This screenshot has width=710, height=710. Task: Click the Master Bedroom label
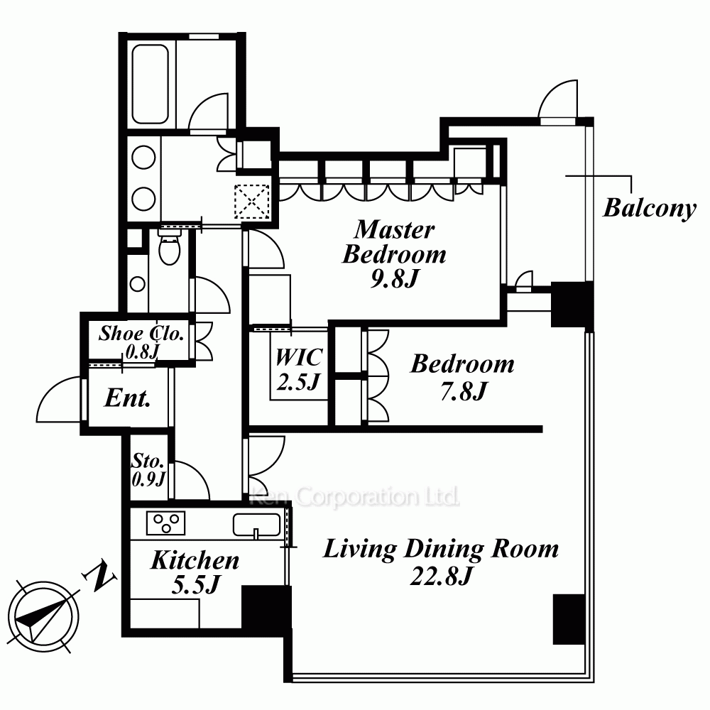coord(394,242)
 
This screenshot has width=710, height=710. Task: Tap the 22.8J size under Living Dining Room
coord(441,576)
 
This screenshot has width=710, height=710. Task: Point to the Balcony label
coord(650,208)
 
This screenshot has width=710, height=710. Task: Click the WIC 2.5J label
coord(299,369)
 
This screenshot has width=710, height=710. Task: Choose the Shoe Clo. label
coord(141,333)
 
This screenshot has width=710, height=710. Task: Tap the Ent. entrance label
coord(127,398)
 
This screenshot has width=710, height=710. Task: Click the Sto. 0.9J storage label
coord(148,470)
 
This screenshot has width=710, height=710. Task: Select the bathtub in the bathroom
coord(151,84)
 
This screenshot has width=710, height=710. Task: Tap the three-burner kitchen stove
coord(165,523)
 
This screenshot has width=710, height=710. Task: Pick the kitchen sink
coord(257,525)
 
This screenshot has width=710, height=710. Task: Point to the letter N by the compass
coord(99,577)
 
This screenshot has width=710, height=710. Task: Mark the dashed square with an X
coord(252,202)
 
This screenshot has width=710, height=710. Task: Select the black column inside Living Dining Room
coord(569,619)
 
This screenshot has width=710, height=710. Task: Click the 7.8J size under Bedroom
coord(463,390)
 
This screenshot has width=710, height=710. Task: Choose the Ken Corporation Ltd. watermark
coord(354,496)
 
